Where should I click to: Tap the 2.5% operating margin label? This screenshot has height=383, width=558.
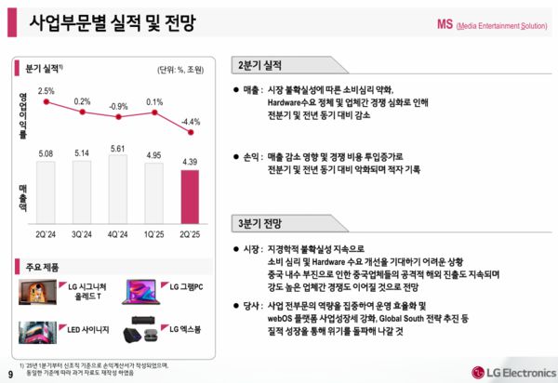click(46, 90)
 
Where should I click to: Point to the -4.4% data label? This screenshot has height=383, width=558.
click(192, 121)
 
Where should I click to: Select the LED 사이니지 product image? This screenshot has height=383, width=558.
click(36, 330)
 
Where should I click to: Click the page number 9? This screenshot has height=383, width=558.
click(9, 373)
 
